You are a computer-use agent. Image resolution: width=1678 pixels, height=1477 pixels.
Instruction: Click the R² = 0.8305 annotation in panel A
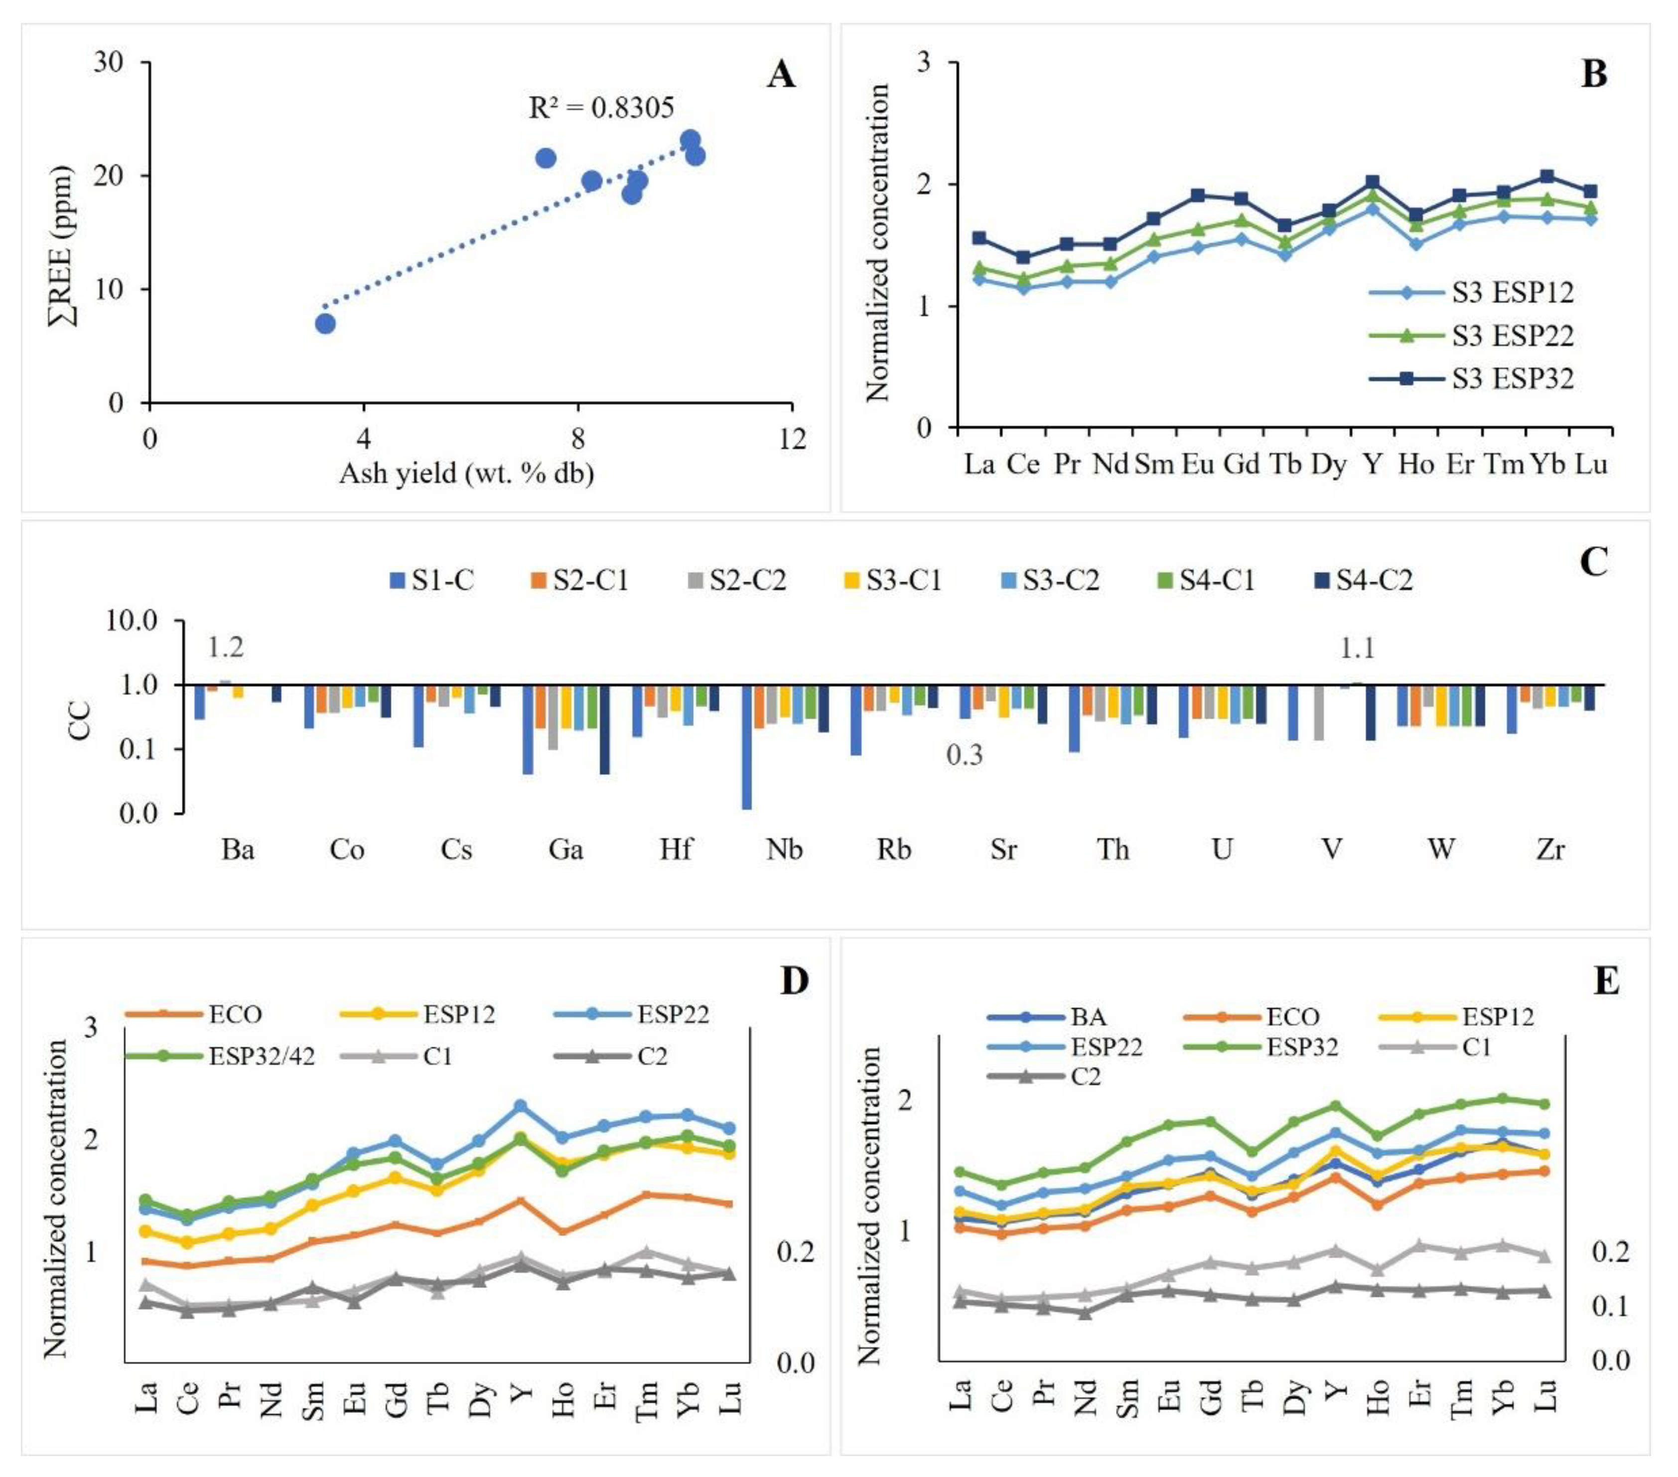coord(601,108)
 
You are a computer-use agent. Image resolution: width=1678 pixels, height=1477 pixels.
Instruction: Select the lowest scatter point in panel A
coord(325,323)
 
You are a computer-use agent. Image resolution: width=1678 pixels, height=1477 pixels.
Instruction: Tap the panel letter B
coord(1593,75)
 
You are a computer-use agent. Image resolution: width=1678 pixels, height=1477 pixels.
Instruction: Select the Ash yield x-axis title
coord(466,474)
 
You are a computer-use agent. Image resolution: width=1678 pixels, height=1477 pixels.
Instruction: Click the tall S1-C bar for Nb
coord(747,747)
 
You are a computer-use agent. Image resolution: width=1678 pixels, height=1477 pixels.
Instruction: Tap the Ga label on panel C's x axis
coord(565,849)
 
